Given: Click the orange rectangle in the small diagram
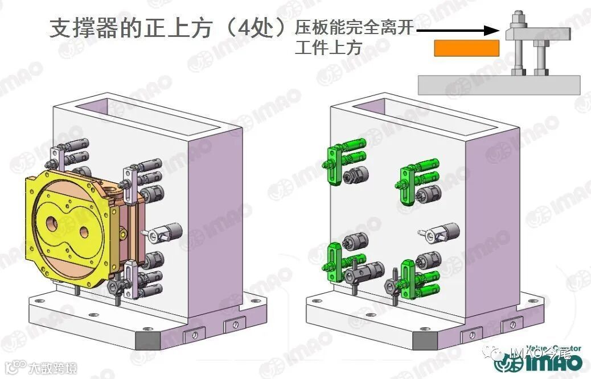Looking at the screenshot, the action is pyautogui.click(x=466, y=48).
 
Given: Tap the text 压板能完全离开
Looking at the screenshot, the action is pyautogui.click(x=354, y=27).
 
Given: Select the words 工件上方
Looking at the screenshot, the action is pyautogui.click(x=329, y=48).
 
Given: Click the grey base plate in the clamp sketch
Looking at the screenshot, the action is pyautogui.click(x=499, y=85).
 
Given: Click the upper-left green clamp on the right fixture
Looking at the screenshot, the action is pyautogui.click(x=333, y=164).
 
